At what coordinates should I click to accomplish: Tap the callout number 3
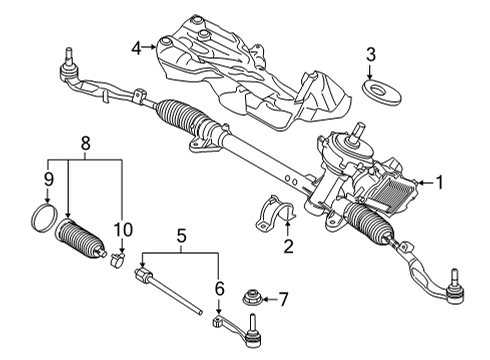pyautogui.click(x=371, y=54)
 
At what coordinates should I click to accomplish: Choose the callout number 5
pyautogui.click(x=182, y=236)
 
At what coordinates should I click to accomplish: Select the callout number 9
pyautogui.click(x=47, y=181)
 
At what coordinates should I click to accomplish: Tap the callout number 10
pyautogui.click(x=122, y=231)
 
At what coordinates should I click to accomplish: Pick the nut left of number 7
pyautogui.click(x=253, y=298)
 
